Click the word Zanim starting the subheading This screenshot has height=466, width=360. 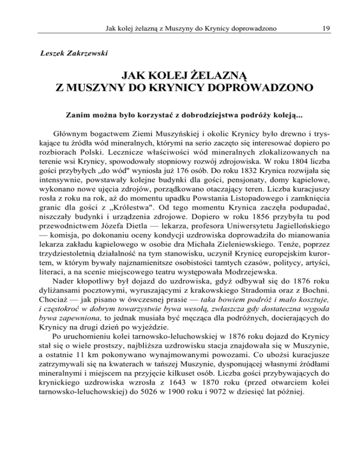[77, 113]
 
